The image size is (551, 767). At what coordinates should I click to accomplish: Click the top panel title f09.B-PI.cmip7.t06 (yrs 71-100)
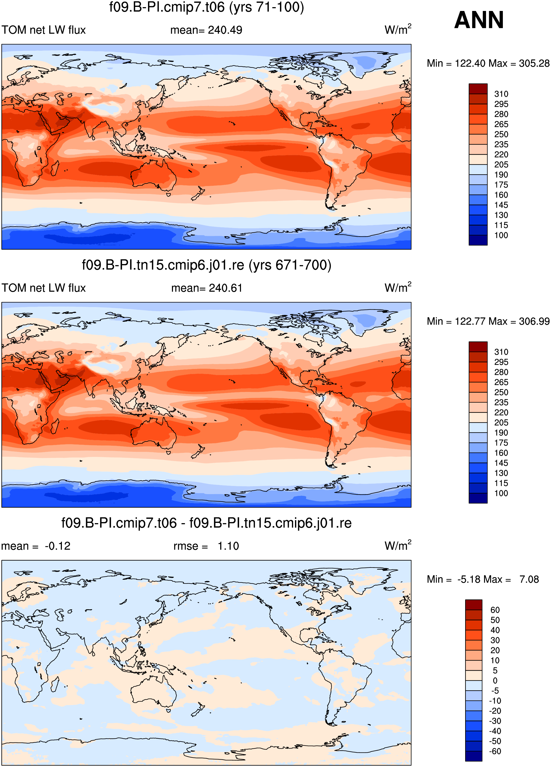click(207, 7)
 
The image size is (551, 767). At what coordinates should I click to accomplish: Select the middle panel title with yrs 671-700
click(207, 265)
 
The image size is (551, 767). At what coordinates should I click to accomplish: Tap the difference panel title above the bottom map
click(207, 523)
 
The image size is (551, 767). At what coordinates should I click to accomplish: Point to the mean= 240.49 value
click(206, 30)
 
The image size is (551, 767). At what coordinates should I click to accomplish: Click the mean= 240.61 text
click(207, 288)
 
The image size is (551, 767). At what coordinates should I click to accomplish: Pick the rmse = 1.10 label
click(206, 546)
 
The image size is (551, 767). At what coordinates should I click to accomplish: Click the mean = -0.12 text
click(36, 546)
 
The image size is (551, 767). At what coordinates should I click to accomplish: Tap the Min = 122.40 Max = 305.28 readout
click(488, 63)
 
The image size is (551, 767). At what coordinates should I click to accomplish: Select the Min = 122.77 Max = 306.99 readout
click(488, 321)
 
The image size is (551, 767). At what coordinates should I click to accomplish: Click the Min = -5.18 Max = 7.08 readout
click(483, 579)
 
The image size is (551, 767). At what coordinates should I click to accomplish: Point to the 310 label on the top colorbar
click(501, 94)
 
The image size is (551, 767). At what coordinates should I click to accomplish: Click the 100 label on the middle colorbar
click(501, 493)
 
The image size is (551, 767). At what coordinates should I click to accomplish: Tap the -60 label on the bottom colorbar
click(495, 751)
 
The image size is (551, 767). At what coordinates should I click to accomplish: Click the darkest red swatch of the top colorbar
click(478, 89)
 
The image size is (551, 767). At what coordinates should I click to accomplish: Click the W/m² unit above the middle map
click(398, 287)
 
